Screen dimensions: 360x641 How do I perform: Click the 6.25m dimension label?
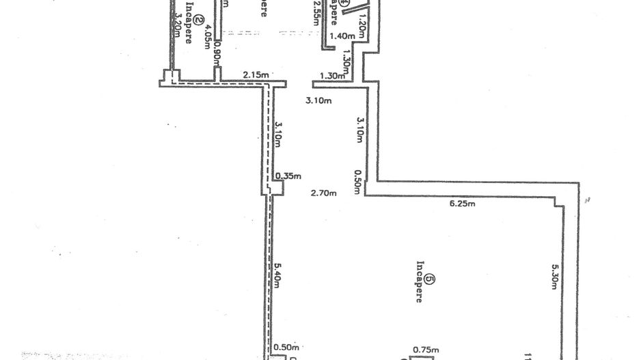pyautogui.click(x=462, y=204)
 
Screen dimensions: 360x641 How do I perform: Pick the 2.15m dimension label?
pyautogui.click(x=255, y=76)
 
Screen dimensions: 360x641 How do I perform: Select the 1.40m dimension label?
pyautogui.click(x=341, y=36)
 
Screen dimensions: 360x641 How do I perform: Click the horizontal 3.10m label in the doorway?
pyautogui.click(x=318, y=102)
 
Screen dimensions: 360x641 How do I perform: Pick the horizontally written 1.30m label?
pyautogui.click(x=331, y=76)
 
